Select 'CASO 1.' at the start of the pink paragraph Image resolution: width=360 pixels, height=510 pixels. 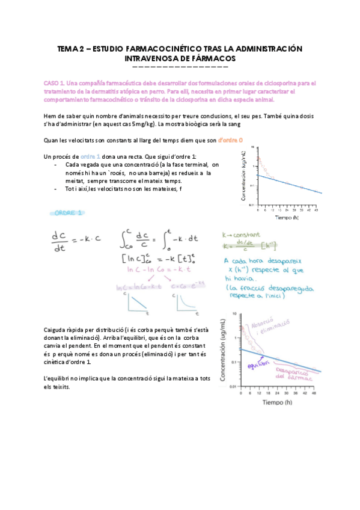55,82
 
